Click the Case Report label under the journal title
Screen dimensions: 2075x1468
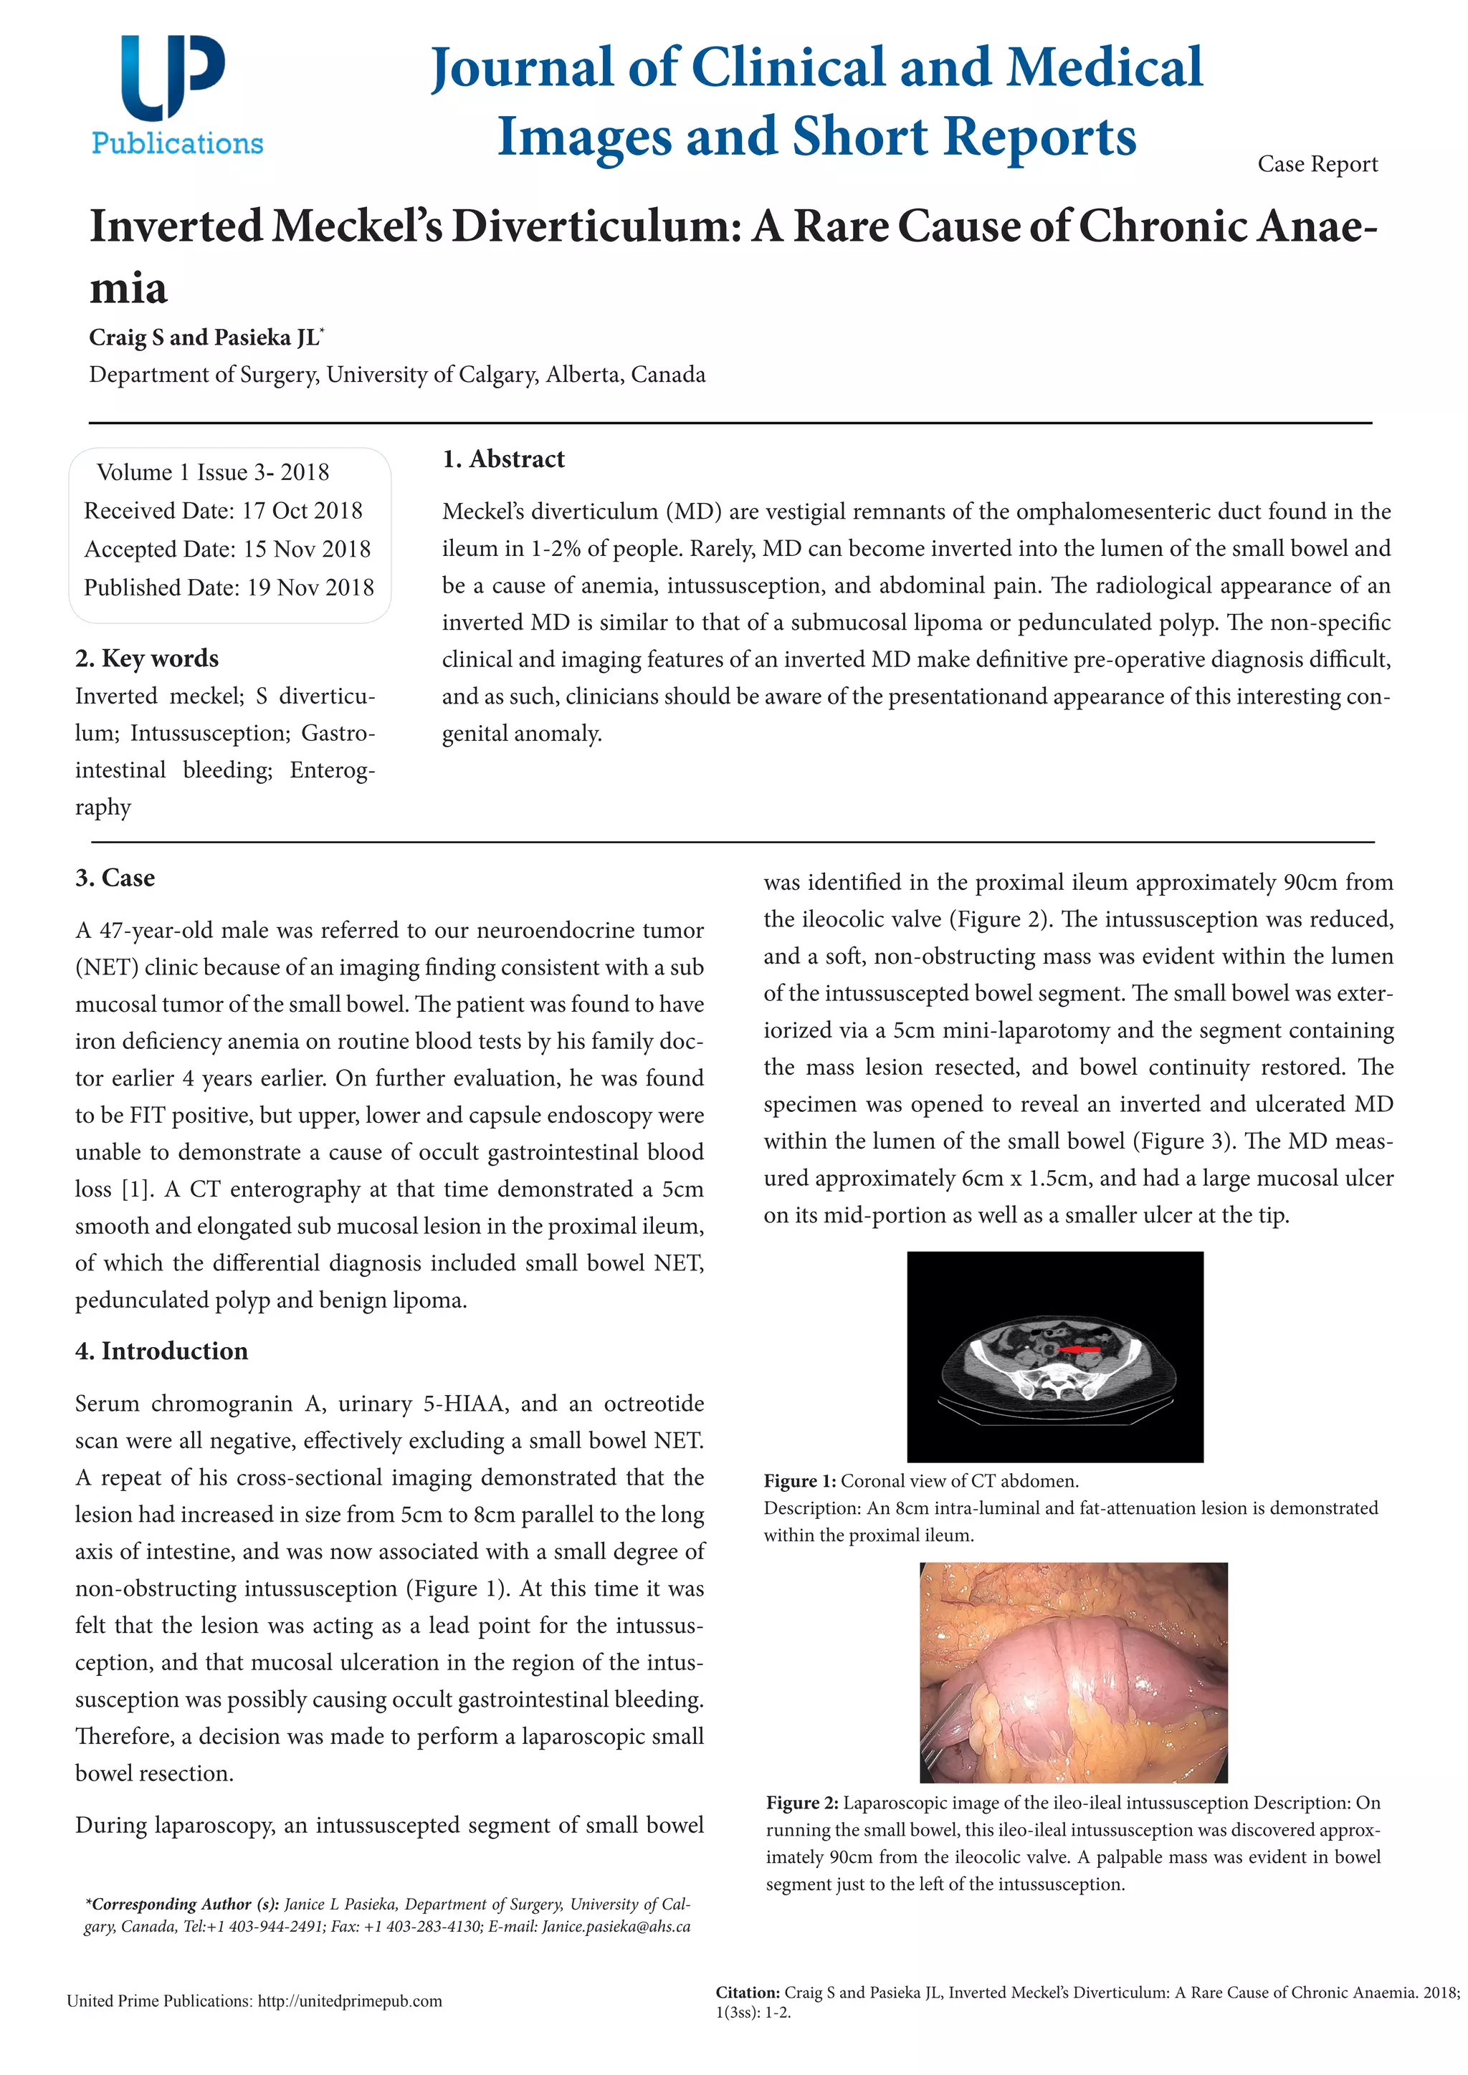point(1317,165)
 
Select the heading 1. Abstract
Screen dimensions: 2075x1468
point(502,459)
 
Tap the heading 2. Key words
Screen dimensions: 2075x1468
point(146,658)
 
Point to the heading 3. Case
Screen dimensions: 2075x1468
point(115,878)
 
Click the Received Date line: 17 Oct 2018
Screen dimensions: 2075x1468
point(223,511)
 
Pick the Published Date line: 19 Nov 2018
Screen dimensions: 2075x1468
point(229,588)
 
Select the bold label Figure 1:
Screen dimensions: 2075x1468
point(800,1481)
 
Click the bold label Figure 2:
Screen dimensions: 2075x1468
point(803,1803)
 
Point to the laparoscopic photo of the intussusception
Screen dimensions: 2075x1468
point(1073,1672)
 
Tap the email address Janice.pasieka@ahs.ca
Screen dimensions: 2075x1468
point(616,1926)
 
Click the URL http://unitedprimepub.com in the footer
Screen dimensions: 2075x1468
point(350,2001)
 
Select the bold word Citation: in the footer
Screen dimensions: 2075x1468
point(748,1992)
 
